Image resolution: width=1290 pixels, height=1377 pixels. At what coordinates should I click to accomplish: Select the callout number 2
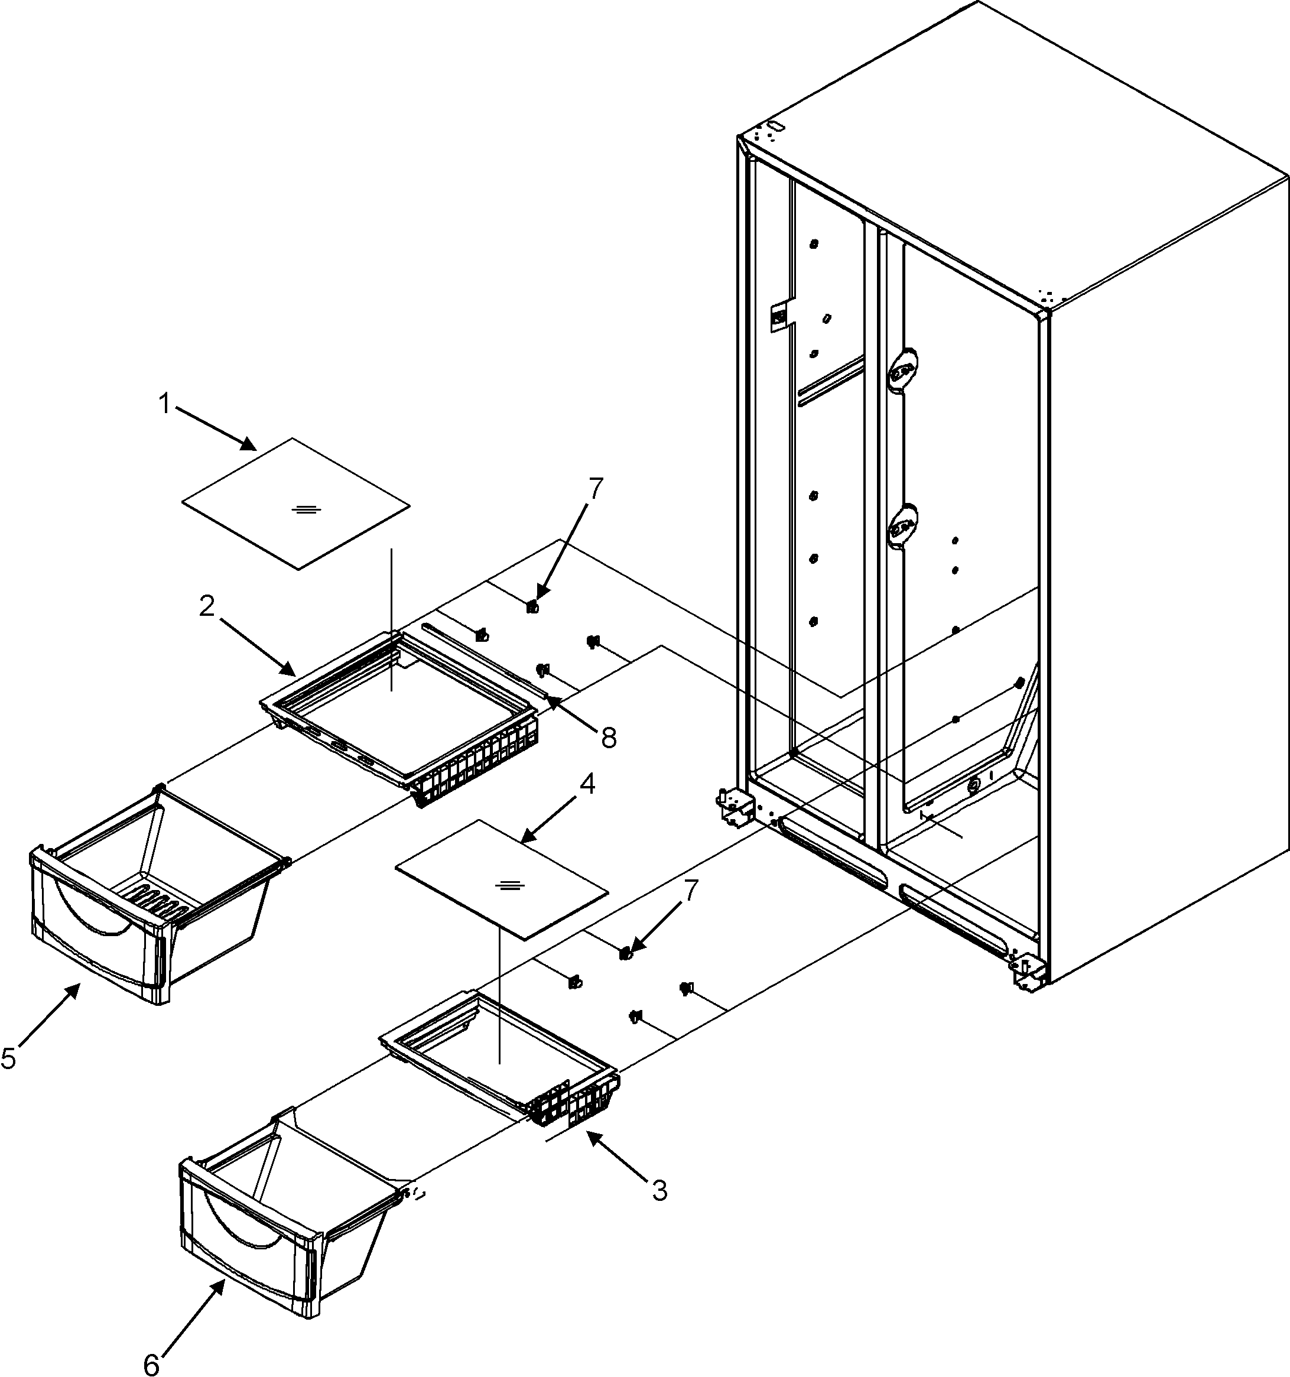[x=206, y=607]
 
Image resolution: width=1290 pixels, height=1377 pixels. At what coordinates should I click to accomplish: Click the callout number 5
[x=8, y=1058]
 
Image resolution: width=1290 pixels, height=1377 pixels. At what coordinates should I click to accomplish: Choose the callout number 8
[x=609, y=738]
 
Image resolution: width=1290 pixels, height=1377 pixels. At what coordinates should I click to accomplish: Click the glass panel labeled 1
[x=295, y=503]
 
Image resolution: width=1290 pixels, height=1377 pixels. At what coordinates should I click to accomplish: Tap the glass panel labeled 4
[x=501, y=878]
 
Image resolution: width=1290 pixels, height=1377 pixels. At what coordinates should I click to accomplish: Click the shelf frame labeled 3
[x=499, y=1060]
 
